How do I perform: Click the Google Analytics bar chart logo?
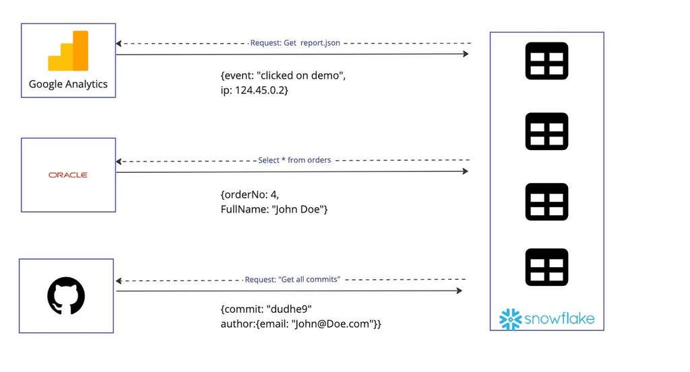pos(68,51)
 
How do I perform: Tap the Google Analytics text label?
pos(68,84)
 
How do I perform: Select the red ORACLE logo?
pos(68,175)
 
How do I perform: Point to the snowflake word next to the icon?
pos(559,318)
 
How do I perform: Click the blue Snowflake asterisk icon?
pos(511,319)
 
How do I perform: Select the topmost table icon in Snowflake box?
pos(546,61)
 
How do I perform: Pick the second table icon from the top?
pos(546,131)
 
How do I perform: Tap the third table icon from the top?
pos(546,202)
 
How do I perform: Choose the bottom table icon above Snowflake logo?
pos(546,267)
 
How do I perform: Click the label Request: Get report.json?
pos(295,43)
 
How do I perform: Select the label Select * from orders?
pos(294,161)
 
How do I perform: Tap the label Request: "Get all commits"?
pos(292,279)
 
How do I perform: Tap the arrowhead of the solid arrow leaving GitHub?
pos(459,291)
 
